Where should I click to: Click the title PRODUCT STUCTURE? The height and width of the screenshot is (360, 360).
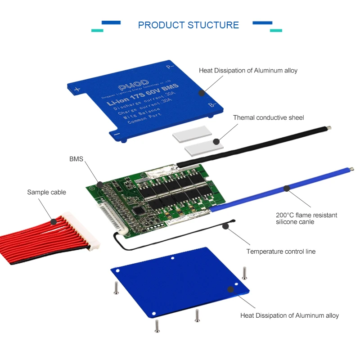click(x=188, y=25)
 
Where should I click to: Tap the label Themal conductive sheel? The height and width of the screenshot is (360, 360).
click(x=268, y=118)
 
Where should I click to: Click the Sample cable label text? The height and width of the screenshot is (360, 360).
click(x=46, y=192)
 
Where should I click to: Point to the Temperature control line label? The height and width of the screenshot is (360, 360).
click(x=281, y=252)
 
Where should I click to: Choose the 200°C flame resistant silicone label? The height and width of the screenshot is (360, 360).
click(x=306, y=218)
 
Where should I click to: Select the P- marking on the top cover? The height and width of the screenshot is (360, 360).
click(x=170, y=68)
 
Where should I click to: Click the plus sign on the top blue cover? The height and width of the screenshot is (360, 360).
click(x=77, y=90)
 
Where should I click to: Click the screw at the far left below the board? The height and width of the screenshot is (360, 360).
click(x=116, y=287)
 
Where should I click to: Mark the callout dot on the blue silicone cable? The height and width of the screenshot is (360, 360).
click(x=285, y=189)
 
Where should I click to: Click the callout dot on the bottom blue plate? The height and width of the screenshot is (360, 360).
click(x=230, y=290)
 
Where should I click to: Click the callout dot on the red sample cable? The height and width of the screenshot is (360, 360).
click(x=53, y=221)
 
